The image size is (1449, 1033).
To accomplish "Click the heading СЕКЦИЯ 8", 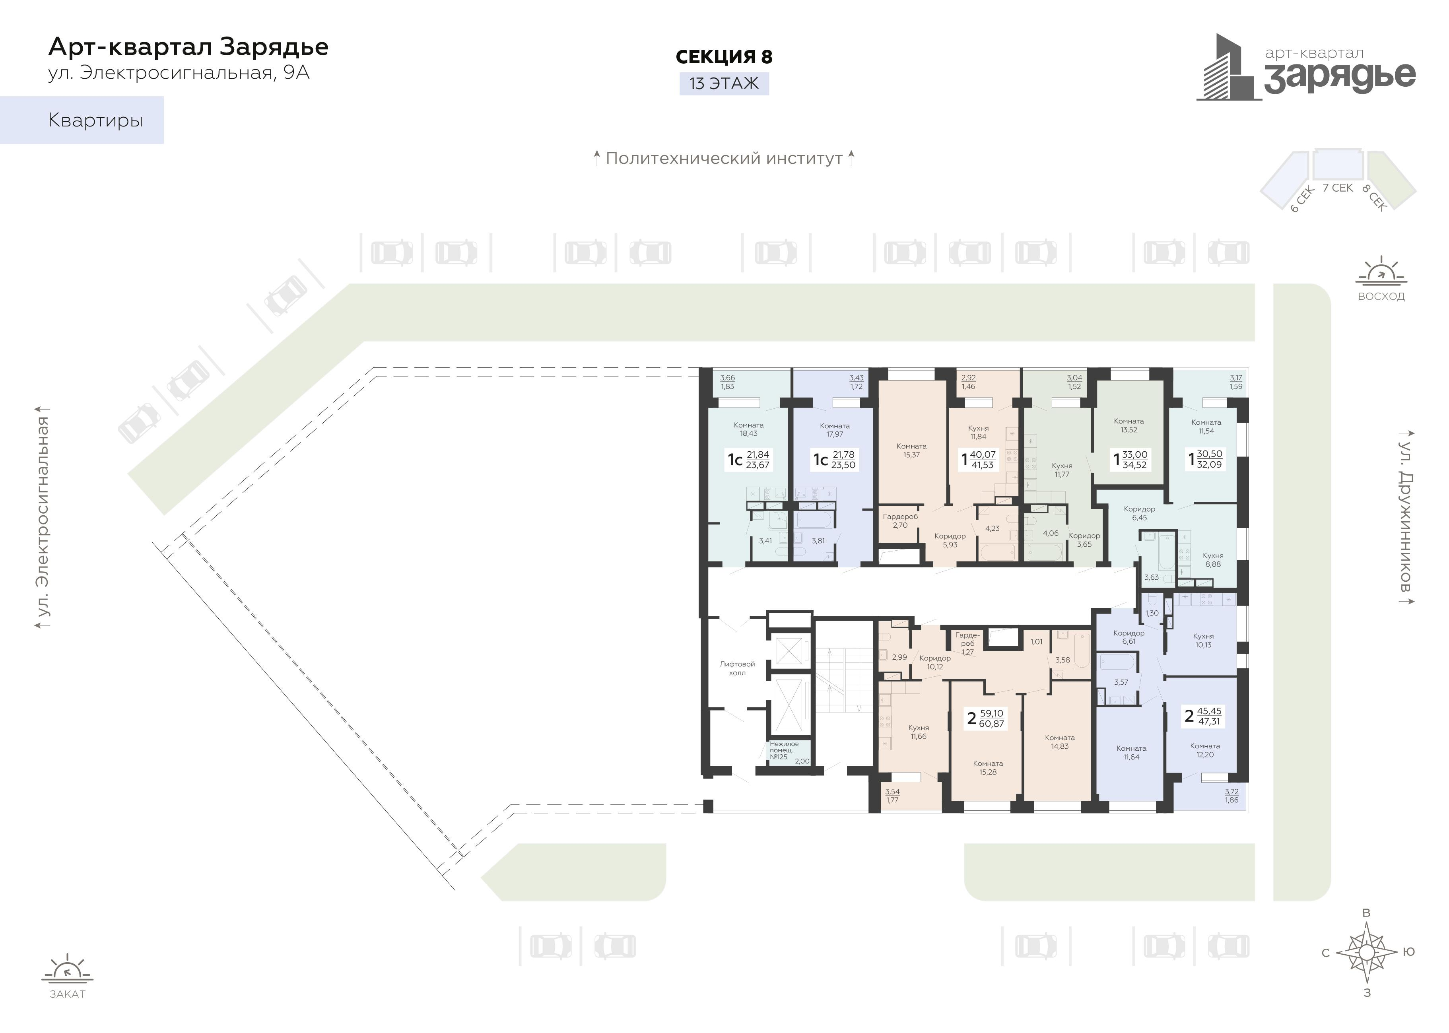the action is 724,56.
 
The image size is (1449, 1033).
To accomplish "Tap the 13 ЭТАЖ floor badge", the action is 724,83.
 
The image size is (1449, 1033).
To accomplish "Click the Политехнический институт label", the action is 724,158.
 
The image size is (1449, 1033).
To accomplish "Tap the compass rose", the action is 1366,952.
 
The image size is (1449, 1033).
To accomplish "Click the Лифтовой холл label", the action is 737,668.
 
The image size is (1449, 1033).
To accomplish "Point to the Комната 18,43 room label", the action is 749,429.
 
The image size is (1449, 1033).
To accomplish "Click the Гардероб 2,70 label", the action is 900,521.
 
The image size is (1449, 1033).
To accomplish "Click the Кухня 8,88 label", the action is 1213,560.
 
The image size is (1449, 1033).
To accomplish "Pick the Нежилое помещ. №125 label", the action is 784,751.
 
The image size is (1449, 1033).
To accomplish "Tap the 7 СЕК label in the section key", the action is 1338,188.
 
